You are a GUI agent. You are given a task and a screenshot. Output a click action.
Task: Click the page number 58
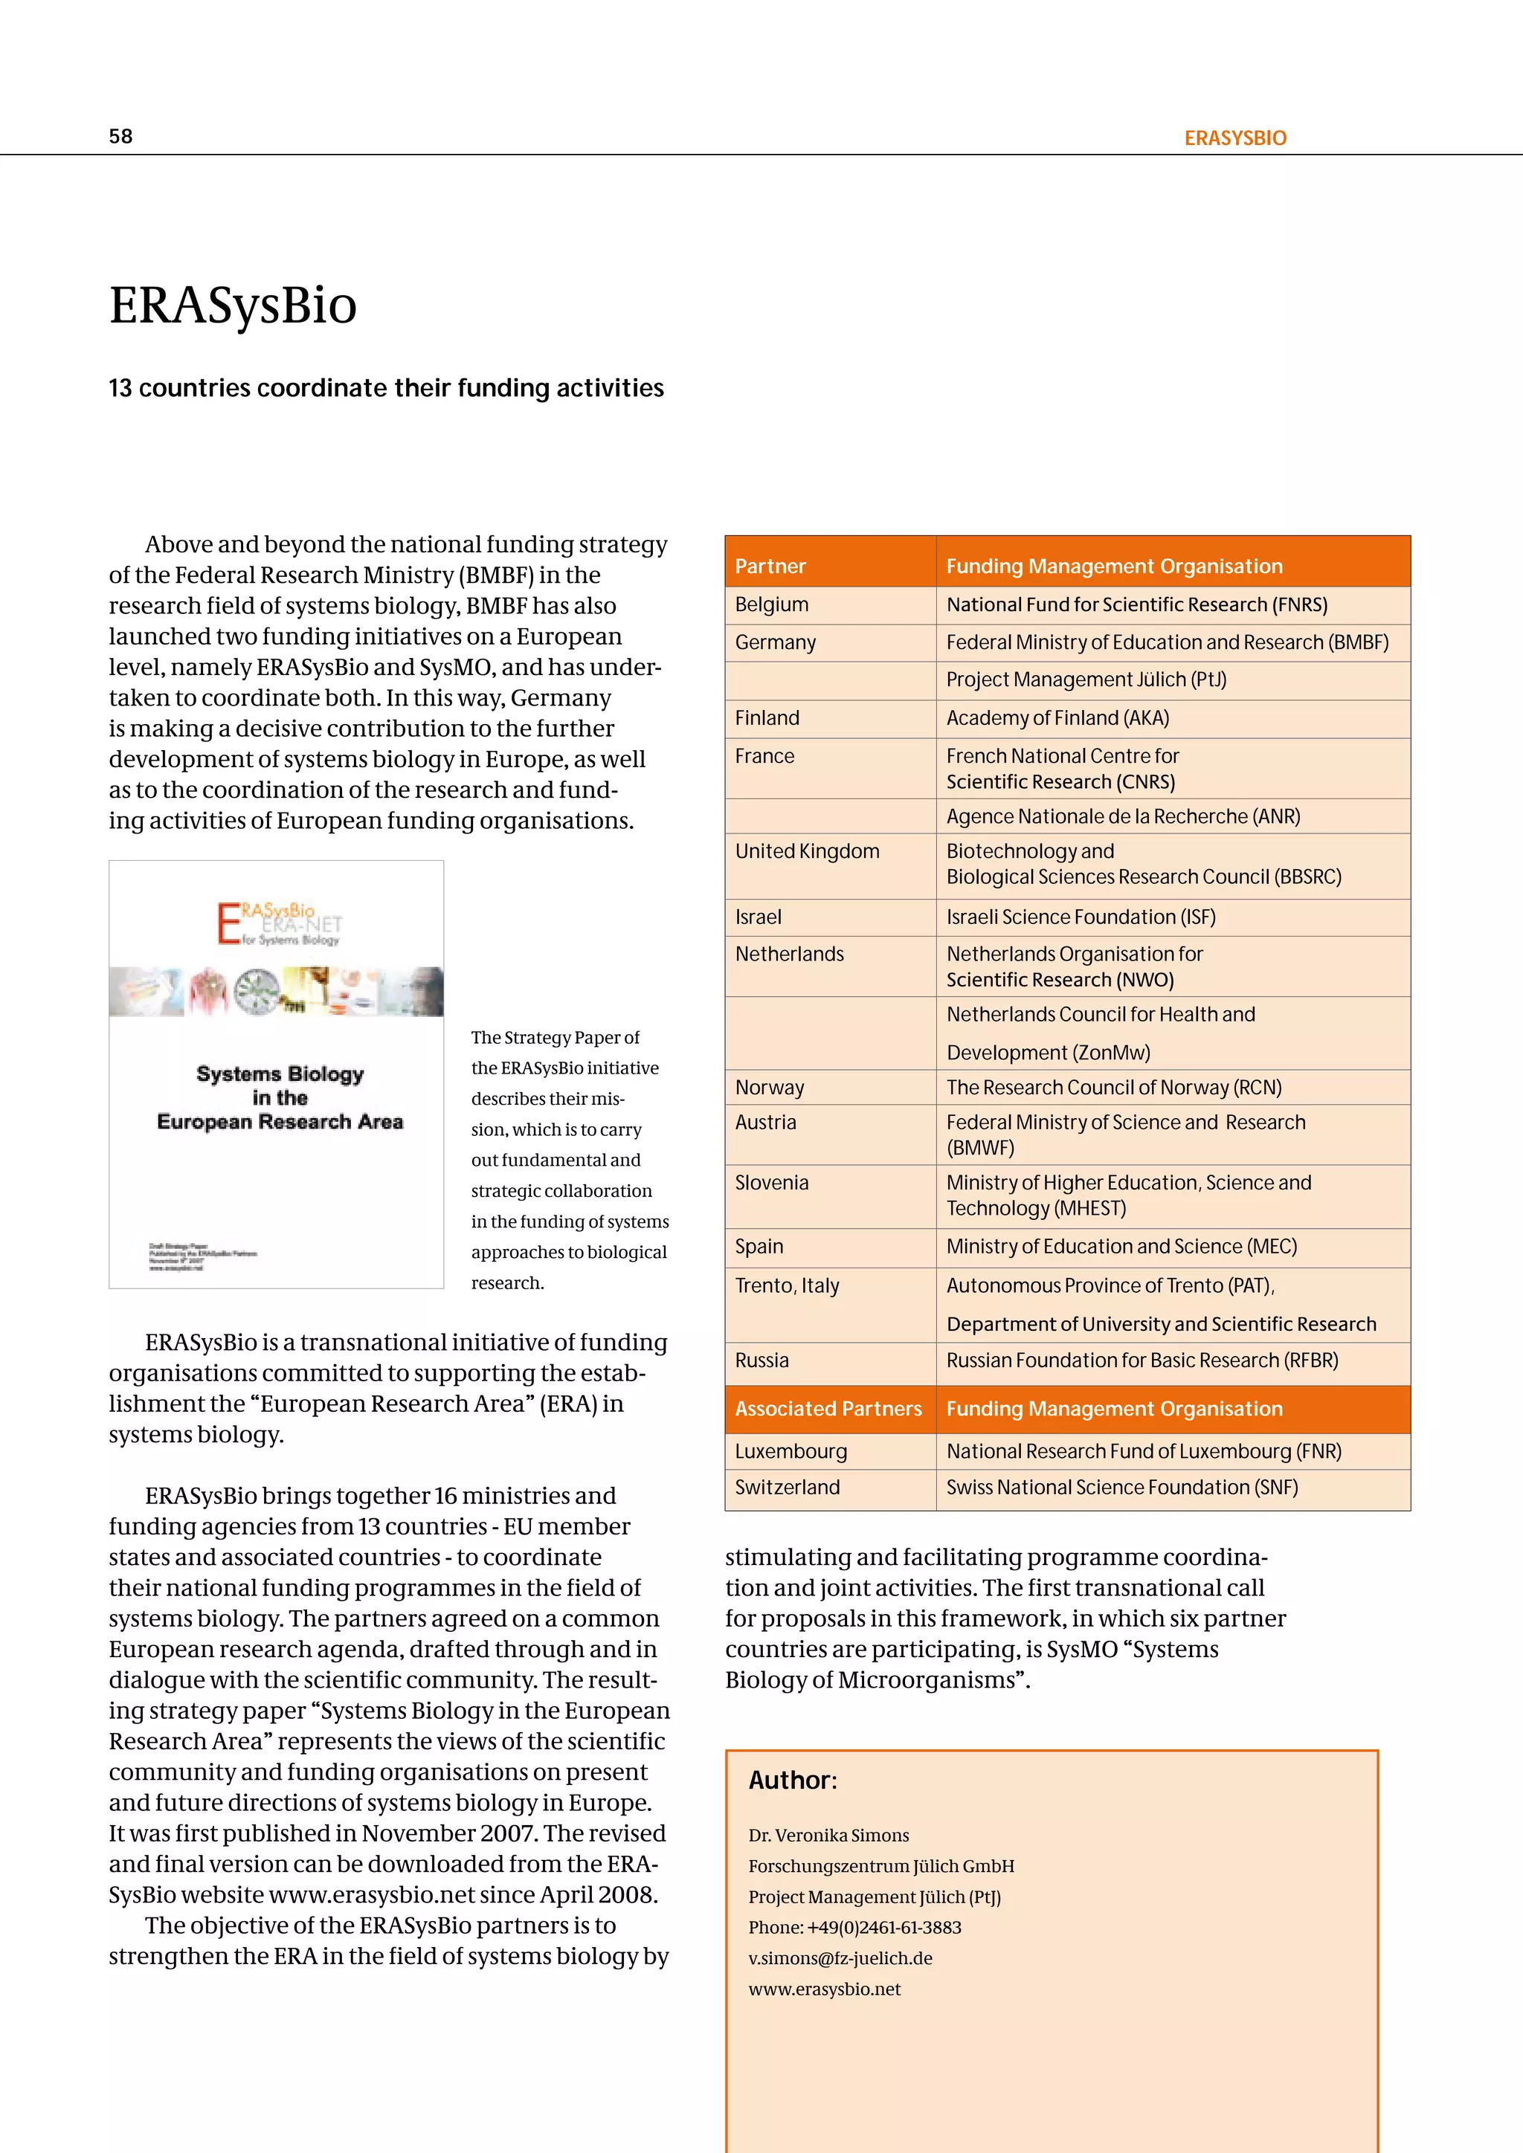tap(121, 137)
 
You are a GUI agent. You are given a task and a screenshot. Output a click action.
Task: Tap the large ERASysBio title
tap(233, 306)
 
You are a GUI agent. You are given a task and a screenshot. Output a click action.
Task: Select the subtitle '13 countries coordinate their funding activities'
tap(385, 388)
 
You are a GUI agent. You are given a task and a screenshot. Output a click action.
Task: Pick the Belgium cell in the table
tap(771, 605)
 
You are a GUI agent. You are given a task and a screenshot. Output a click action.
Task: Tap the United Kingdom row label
tap(807, 851)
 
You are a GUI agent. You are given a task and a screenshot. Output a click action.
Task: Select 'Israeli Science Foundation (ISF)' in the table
tap(1081, 917)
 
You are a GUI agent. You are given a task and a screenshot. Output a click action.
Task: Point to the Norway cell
tap(769, 1088)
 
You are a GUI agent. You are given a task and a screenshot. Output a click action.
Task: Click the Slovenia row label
tap(771, 1184)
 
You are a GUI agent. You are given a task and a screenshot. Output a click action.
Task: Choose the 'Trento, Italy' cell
tap(787, 1285)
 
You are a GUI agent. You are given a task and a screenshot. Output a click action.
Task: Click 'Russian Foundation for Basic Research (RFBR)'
tap(1142, 1360)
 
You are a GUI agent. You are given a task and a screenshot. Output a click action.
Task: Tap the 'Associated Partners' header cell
tap(828, 1410)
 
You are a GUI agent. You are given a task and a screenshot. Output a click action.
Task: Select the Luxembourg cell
tap(791, 1452)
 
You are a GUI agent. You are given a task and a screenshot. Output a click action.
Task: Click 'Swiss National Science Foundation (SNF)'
tap(1121, 1488)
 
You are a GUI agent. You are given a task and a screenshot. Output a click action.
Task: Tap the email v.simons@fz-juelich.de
tap(840, 1959)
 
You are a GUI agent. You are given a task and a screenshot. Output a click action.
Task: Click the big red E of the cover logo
tap(228, 923)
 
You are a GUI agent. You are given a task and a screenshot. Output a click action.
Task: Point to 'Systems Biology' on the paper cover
tap(280, 1074)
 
